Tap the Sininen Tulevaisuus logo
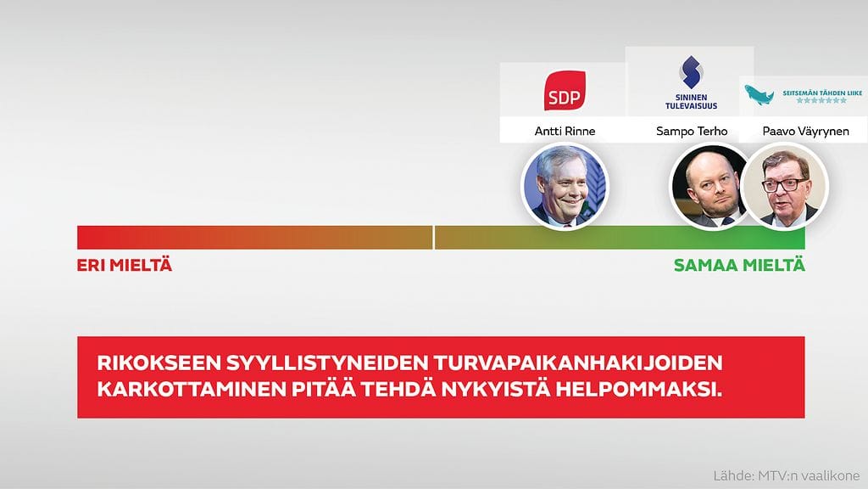(690, 82)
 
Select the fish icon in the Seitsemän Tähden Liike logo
(759, 95)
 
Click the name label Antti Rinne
(565, 132)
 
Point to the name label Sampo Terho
(691, 132)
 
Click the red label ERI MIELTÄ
(125, 266)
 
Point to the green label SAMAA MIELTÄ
(739, 266)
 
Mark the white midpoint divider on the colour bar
(434, 238)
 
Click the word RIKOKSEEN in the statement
(156, 364)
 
